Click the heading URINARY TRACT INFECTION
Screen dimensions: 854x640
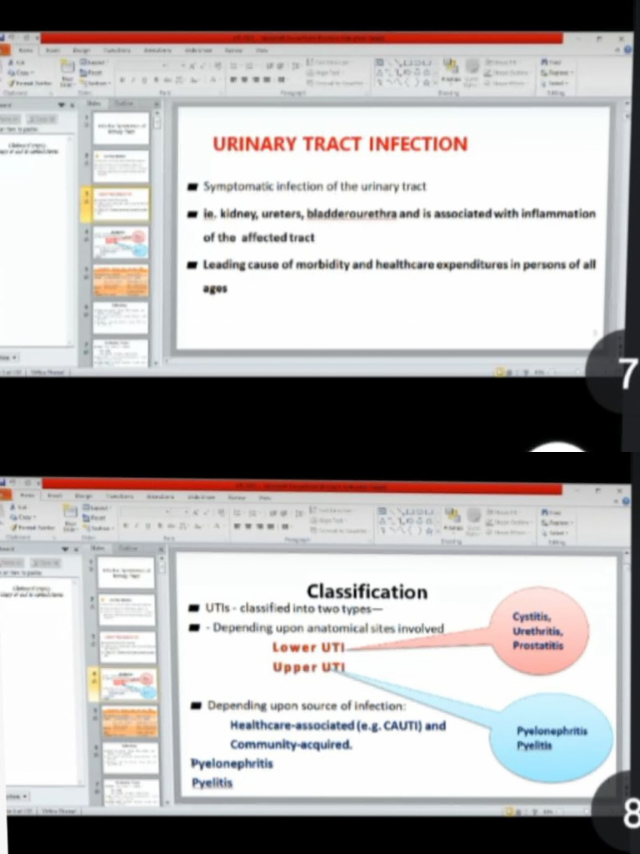340,143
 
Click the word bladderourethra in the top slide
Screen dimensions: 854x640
352,214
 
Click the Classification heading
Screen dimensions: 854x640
367,591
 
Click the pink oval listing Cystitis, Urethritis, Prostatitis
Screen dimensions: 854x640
538,630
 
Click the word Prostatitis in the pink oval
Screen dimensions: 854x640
538,646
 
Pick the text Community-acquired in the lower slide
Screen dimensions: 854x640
291,744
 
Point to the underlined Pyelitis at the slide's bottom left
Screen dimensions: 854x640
212,783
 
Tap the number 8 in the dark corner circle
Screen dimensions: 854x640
631,812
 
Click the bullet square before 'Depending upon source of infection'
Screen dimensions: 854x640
196,706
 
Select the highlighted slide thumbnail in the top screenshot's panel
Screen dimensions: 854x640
121,203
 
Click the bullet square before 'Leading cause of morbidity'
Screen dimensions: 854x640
192,265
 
